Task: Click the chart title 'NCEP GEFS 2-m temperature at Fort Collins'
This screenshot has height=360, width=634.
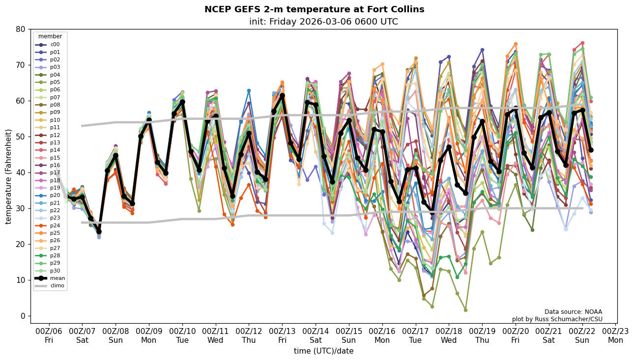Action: click(x=314, y=9)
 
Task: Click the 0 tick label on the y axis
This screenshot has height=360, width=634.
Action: click(x=23, y=316)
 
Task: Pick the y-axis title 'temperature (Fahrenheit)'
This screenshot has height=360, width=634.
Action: click(x=9, y=176)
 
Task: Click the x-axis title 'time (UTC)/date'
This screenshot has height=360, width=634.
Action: click(x=323, y=351)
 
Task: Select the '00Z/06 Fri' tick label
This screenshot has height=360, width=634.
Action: click(x=49, y=335)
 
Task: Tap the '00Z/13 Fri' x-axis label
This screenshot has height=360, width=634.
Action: click(x=283, y=335)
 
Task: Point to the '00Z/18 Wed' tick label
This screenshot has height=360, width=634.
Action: click(x=449, y=335)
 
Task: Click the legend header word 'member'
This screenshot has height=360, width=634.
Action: click(x=50, y=36)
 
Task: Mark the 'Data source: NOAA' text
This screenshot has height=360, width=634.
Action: click(x=573, y=312)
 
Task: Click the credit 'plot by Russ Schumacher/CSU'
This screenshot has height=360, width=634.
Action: click(x=557, y=319)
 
